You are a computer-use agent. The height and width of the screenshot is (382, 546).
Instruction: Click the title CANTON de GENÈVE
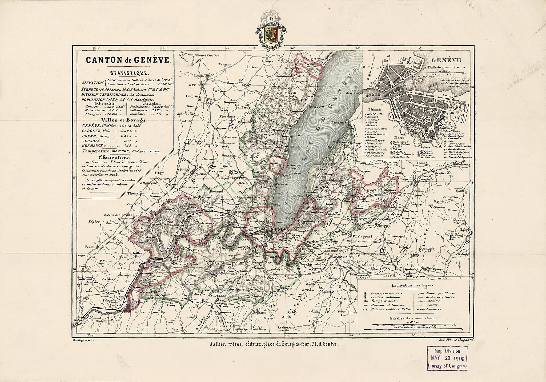click(127, 60)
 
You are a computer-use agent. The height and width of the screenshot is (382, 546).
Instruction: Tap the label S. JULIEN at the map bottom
click(218, 296)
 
